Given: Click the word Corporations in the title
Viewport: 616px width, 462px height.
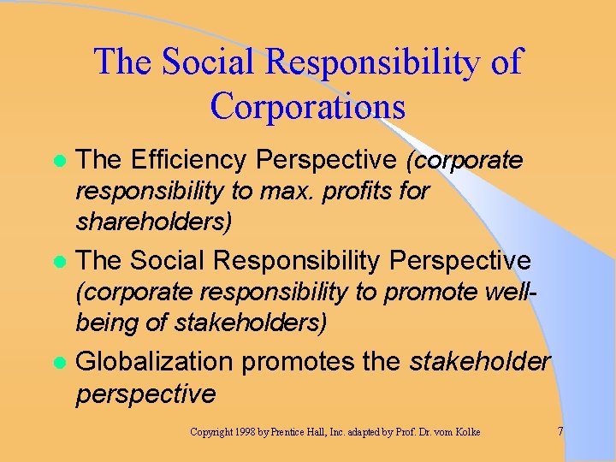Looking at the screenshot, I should coord(307,106).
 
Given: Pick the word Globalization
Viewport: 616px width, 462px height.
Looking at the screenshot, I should coord(154,361).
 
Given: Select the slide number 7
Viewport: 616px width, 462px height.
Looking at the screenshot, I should coord(560,431).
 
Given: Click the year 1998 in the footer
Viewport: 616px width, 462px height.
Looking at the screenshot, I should coord(246,432).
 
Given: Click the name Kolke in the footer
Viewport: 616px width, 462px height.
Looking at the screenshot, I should coord(466,432).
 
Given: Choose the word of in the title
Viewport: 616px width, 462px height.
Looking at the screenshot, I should coord(505,62).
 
